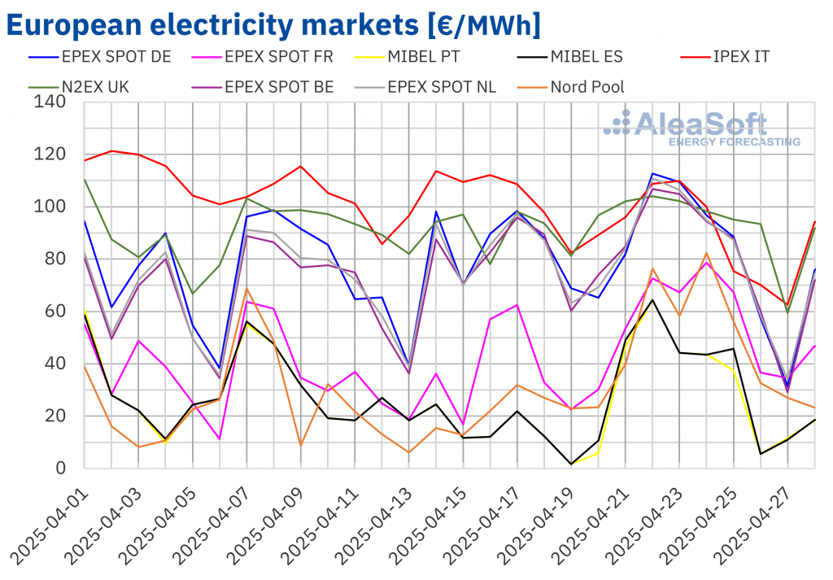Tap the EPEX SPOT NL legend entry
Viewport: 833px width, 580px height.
coord(441,87)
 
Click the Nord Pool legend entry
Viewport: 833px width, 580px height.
coord(586,87)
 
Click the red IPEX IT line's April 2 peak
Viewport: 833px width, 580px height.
coord(111,150)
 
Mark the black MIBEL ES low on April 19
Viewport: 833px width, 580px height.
coord(571,464)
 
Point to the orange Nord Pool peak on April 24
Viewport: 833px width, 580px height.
coord(707,254)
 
